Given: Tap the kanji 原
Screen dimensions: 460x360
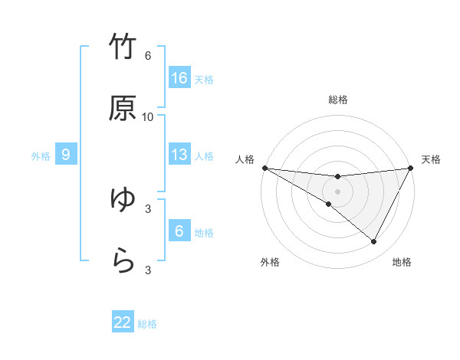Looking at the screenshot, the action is pos(123,110).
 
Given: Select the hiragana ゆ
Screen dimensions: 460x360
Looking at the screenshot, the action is pos(123,200).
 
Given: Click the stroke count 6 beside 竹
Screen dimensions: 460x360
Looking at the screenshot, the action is pos(148,56).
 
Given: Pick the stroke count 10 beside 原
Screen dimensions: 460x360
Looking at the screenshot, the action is pos(148,117).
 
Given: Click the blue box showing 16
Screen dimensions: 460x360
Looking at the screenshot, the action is pos(179,78).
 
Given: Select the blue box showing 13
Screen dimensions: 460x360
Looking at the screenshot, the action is pos(179,155).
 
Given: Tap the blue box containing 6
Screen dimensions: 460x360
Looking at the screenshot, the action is pos(179,231).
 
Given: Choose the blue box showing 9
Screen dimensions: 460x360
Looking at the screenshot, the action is pos(66,155).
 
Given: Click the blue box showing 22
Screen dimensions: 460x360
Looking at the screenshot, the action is pos(123,322).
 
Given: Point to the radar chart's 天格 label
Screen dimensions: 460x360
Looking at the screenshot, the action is pos(431,159).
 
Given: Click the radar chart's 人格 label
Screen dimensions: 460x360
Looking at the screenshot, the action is pos(245,159).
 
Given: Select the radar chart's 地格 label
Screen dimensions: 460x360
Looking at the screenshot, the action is pos(402,262).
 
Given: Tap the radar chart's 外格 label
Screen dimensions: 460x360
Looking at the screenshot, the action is pos(270,262).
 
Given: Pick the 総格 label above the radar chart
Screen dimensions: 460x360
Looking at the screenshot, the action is pos(338,100).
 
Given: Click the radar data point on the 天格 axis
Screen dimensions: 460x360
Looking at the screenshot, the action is pos(412,168).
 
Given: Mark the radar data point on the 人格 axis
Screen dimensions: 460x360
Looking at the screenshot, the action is pos(264,168).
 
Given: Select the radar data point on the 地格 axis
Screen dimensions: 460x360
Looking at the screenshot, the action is pos(374,242).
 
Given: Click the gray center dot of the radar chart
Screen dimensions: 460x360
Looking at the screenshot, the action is pos(338,191).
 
